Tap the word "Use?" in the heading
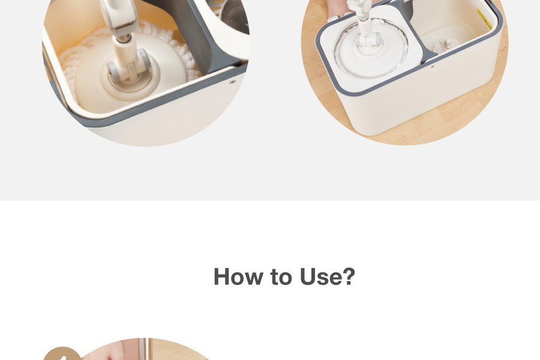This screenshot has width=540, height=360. (x=328, y=276)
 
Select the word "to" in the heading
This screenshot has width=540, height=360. (x=281, y=277)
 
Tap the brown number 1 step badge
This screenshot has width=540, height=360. (x=62, y=354)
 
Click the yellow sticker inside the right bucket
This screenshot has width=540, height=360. (x=485, y=19)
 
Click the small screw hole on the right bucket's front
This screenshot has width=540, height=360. (x=433, y=66)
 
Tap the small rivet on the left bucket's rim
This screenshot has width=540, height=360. (x=233, y=82)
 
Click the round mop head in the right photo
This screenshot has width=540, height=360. (x=371, y=49)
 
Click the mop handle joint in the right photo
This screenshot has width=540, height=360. (x=368, y=38)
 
